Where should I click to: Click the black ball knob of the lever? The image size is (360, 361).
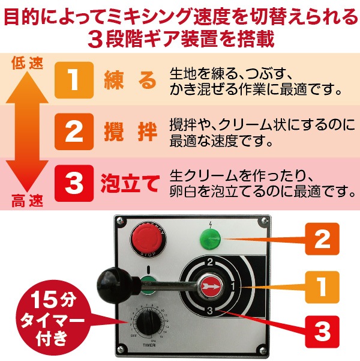111,279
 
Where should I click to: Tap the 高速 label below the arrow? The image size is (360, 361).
27,202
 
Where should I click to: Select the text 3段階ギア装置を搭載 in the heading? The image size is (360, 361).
180,39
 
